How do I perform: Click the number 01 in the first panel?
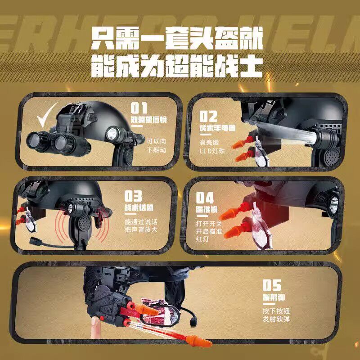[x=139, y=108]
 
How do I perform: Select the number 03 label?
[x=134, y=197]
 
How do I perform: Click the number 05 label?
[x=272, y=285]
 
